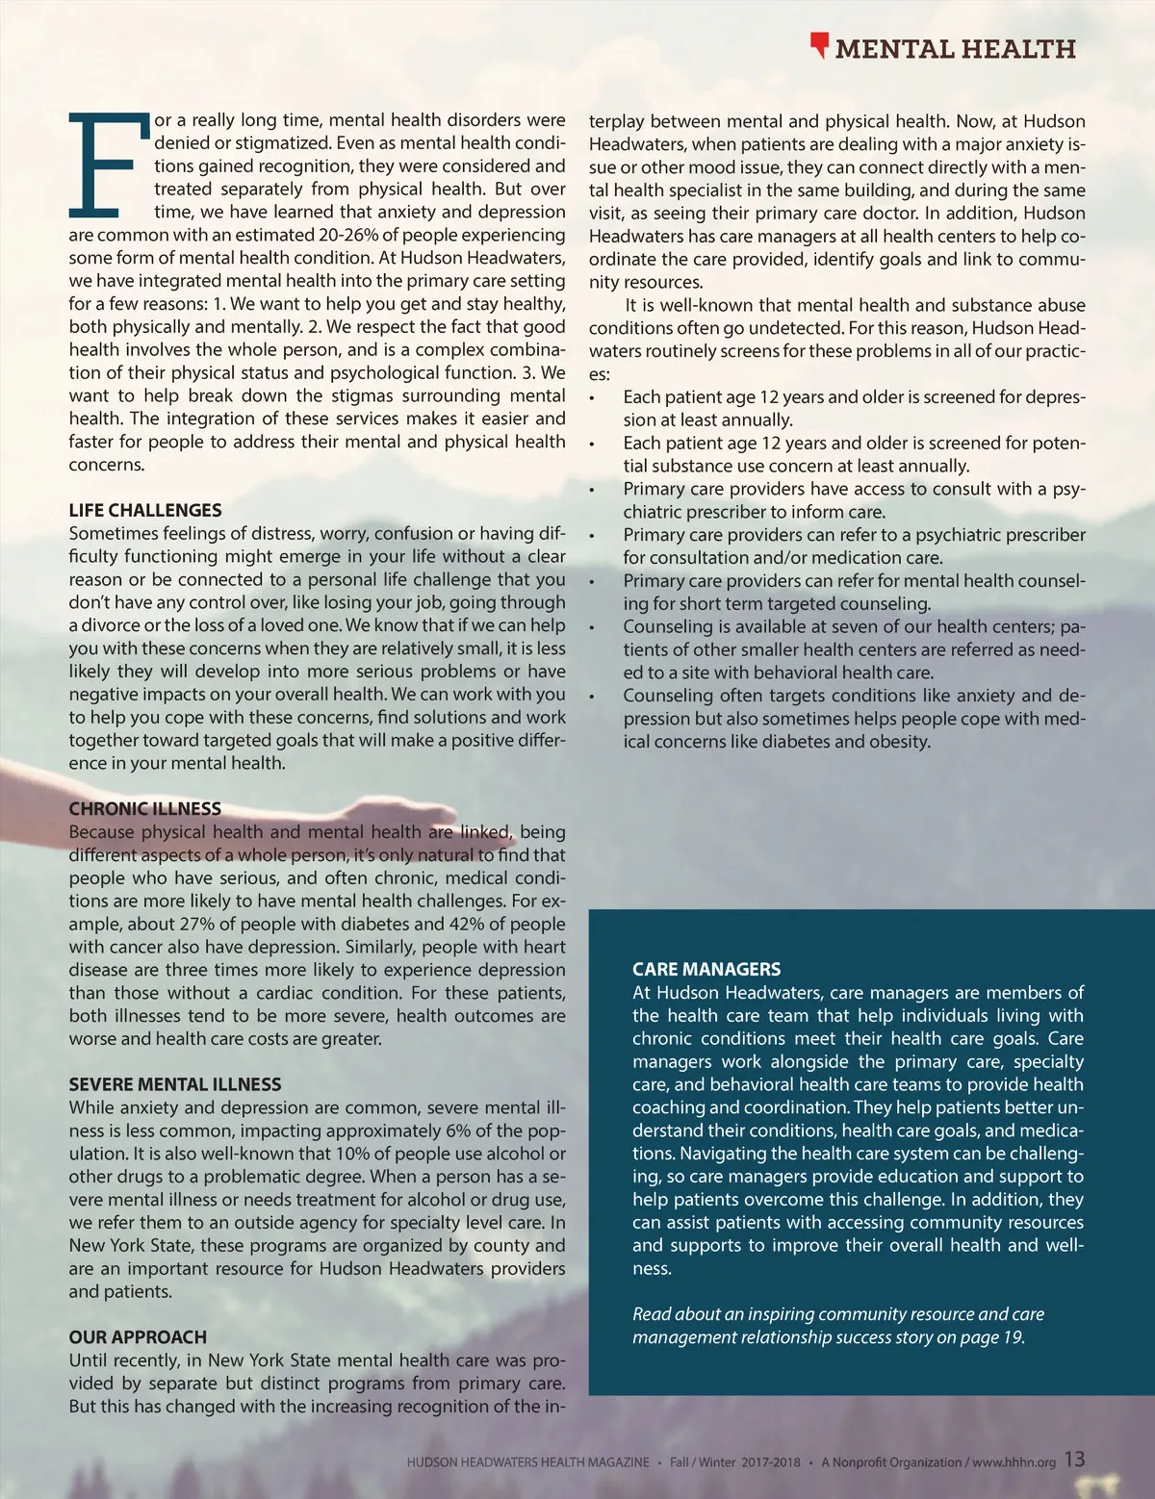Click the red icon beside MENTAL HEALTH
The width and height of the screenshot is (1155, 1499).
click(819, 45)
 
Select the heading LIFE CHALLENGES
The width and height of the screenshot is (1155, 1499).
click(145, 510)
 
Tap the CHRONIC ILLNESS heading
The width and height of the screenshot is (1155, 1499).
click(145, 809)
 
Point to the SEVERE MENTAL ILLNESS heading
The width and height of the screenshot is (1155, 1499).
click(175, 1084)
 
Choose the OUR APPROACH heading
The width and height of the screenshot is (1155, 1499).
click(138, 1337)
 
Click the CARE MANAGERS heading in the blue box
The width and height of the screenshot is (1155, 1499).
click(706, 969)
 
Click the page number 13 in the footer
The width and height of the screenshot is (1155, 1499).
click(1074, 1459)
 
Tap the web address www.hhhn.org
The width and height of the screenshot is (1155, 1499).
click(1014, 1461)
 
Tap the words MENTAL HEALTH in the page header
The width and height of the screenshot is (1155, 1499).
click(955, 49)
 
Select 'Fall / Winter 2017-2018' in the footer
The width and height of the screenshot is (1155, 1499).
click(735, 1461)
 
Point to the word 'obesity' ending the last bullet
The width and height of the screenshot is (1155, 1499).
click(900, 742)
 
